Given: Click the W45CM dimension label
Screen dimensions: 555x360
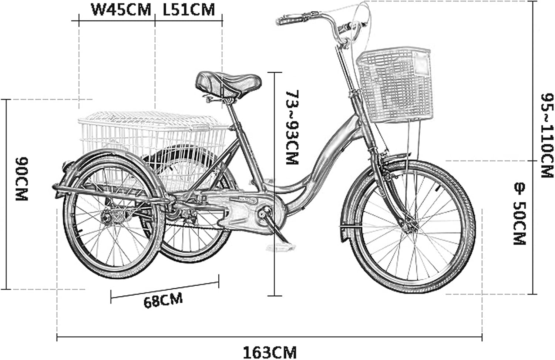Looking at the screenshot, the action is [x=121, y=10].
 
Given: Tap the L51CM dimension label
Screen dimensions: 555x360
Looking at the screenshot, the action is [x=189, y=10].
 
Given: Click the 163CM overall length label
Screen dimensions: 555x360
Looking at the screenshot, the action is [x=270, y=351].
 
